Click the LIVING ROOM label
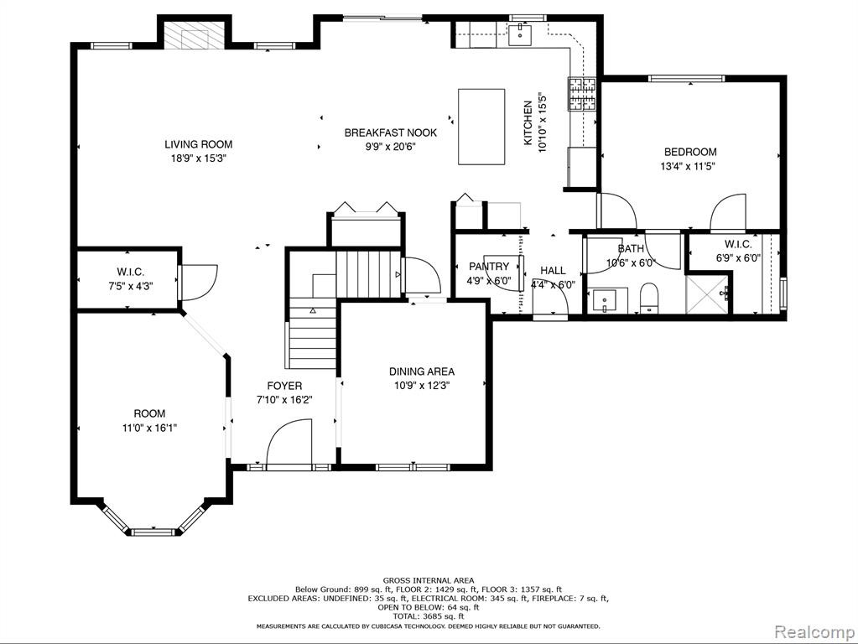click(199, 144)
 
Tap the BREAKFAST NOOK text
click(391, 132)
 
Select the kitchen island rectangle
click(481, 127)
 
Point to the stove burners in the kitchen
click(582, 94)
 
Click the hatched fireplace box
click(195, 35)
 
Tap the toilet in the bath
click(649, 298)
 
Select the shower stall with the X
click(708, 295)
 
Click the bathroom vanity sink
click(604, 301)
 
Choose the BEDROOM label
click(690, 152)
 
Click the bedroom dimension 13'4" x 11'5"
click(688, 166)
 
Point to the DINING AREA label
click(421, 371)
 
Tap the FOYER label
click(284, 386)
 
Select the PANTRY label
click(489, 267)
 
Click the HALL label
click(553, 270)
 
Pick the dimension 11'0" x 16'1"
click(149, 428)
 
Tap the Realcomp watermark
click(814, 632)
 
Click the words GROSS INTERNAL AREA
click(429, 580)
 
